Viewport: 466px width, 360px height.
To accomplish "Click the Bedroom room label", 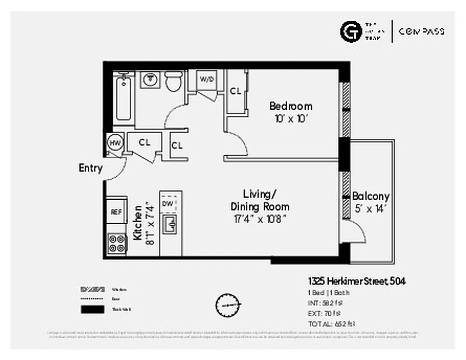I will pyautogui.click(x=290, y=106).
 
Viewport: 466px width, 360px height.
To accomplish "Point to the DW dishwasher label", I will pyautogui.click(x=167, y=204).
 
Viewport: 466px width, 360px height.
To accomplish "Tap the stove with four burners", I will pyautogui.click(x=117, y=243).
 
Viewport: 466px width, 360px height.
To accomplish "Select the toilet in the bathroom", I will pyautogui.click(x=173, y=81).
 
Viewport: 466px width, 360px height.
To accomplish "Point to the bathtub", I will pyautogui.click(x=123, y=99).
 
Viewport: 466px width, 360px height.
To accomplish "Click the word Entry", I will pyautogui.click(x=90, y=168).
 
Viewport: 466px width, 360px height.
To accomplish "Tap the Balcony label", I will pyautogui.click(x=371, y=196).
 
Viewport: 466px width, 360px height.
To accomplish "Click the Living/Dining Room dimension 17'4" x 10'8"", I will pyautogui.click(x=260, y=219).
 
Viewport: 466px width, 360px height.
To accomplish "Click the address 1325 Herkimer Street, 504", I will pyautogui.click(x=357, y=281).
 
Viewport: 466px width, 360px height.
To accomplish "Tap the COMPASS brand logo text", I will pyautogui.click(x=421, y=31).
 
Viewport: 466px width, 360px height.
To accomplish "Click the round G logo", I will pyautogui.click(x=351, y=31).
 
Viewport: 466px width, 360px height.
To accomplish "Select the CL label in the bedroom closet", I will pyautogui.click(x=235, y=91).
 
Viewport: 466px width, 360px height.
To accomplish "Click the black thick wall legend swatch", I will pyautogui.click(x=93, y=309).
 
